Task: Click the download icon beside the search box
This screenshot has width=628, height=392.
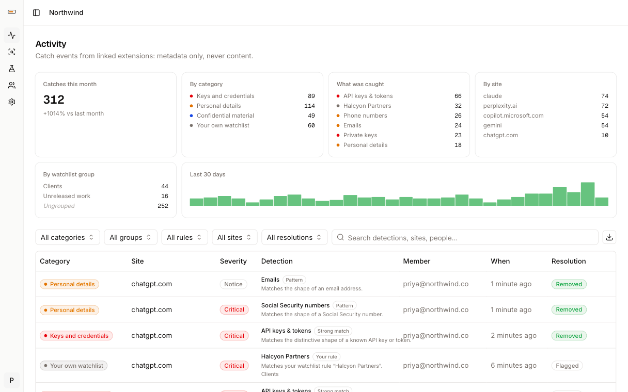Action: coord(609,237)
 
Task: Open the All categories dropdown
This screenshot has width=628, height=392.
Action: coord(68,237)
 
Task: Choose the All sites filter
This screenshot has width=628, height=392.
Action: coord(234,237)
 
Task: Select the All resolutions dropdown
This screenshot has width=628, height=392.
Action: coord(294,237)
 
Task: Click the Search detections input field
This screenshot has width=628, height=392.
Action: coord(465,237)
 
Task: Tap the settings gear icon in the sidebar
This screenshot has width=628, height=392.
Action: coord(12,102)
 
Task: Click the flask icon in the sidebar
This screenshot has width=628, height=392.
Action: coord(12,69)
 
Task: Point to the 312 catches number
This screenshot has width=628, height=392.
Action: coord(54,100)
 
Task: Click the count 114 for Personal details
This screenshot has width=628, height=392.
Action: coord(309,106)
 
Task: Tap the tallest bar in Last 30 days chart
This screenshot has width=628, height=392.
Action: coord(588,194)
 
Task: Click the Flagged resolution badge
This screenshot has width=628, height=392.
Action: coord(567,366)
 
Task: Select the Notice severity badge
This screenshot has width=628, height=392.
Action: coord(233,284)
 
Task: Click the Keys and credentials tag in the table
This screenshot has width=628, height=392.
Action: coord(76,336)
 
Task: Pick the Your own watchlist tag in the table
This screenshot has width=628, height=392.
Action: coord(73,366)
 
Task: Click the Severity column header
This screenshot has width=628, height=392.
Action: coord(233,261)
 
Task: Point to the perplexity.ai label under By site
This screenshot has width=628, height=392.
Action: coord(500,106)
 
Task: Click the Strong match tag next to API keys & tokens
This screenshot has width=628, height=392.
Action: coord(333,331)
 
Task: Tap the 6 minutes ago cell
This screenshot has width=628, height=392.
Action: coord(514,365)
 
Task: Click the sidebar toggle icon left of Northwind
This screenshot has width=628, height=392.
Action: coord(37,12)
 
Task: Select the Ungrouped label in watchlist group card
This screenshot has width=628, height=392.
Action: coord(59,206)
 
